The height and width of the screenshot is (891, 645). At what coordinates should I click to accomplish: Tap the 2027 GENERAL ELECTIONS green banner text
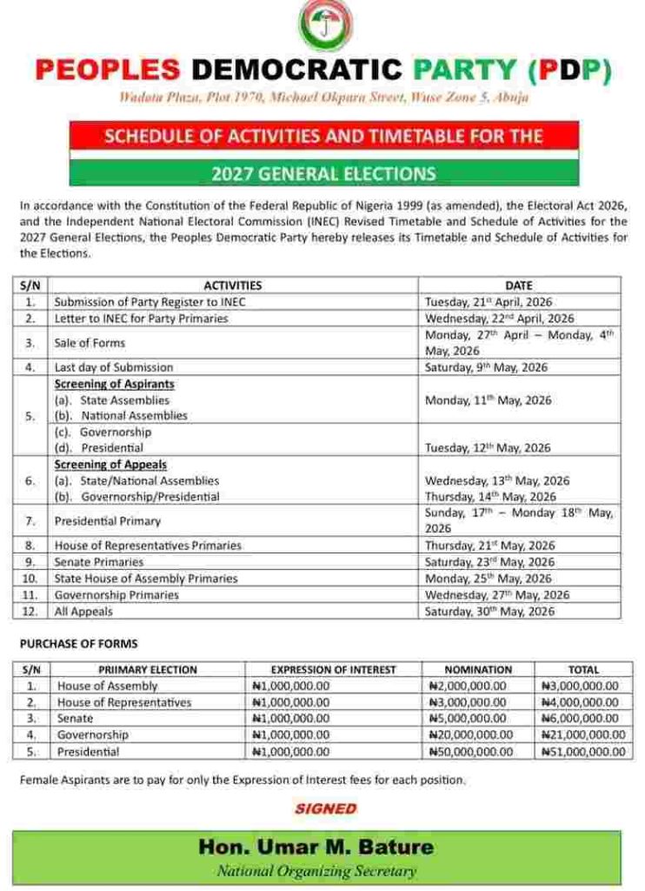323,174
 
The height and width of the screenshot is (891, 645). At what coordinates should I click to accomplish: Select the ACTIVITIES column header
232,285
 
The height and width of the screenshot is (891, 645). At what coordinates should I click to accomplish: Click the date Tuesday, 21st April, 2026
488,302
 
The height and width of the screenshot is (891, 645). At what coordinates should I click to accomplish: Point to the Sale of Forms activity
90,343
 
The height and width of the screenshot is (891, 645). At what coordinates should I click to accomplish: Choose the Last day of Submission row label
113,367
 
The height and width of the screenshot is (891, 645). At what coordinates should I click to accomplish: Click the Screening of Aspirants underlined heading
114,384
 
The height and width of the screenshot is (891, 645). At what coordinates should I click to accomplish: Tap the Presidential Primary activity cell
107,521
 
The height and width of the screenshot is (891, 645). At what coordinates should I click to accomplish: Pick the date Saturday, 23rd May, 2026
489,562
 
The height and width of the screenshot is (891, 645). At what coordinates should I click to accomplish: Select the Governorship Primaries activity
116,595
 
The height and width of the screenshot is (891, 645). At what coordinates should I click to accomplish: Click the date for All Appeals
489,612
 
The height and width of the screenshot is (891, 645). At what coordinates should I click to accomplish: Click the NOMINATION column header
477,670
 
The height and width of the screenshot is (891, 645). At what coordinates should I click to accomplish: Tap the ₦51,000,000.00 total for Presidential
579,752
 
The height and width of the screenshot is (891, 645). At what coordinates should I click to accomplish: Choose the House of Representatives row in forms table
124,702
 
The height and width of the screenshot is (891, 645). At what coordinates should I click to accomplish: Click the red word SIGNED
325,808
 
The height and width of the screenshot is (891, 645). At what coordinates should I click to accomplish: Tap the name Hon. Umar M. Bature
316,847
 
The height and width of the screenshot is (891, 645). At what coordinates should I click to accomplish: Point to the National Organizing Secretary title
316,871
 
